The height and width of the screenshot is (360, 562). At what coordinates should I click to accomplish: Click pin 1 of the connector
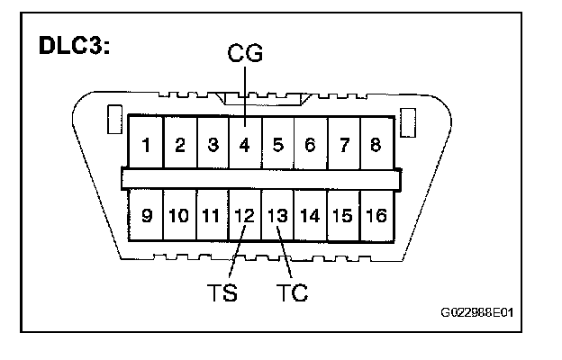point(146,144)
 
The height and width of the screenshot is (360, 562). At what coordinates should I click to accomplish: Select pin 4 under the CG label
point(244,144)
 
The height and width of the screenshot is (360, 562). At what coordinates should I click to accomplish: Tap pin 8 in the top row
point(376,144)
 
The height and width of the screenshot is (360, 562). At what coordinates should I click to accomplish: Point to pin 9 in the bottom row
point(146,216)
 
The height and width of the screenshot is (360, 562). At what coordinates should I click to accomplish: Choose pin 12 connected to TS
point(244,216)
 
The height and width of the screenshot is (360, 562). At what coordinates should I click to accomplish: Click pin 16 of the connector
point(376,216)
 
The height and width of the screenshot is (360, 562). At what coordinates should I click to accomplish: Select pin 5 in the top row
point(277,144)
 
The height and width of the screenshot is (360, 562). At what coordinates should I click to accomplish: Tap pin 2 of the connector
point(179,144)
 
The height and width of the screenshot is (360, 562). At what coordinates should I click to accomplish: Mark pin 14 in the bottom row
point(310,216)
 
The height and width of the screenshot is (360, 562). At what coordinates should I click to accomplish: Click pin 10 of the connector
point(178,216)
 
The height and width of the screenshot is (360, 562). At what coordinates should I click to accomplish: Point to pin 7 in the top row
point(343,144)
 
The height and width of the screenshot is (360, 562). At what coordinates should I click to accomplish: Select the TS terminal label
point(222,294)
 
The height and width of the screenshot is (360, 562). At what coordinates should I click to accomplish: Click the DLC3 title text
point(75,46)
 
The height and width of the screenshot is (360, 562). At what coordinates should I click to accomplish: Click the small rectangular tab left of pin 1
point(113,121)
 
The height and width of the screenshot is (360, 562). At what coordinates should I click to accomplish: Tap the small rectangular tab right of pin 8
point(407,121)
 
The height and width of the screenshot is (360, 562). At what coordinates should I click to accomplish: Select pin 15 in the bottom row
point(343,216)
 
